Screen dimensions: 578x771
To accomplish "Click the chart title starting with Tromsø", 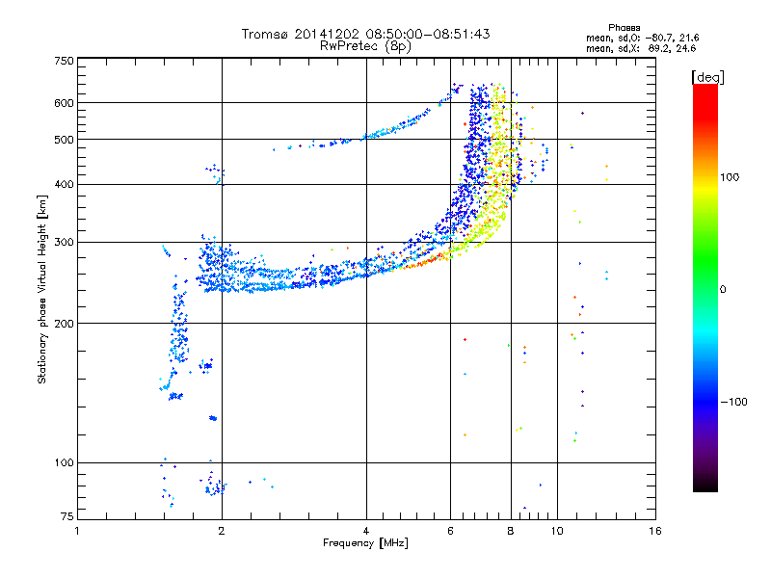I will (365, 34).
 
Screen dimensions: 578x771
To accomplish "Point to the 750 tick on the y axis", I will (64, 60).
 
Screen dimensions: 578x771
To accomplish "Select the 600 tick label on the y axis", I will (64, 103).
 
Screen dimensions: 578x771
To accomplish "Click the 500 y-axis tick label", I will (64, 140).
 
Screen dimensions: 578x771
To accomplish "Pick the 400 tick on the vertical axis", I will (64, 184).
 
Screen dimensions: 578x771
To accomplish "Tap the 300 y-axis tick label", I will (64, 242).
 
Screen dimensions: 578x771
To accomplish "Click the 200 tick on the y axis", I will (64, 324).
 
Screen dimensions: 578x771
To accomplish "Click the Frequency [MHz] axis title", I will (365, 543).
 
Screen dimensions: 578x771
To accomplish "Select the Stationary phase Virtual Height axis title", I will (42, 289).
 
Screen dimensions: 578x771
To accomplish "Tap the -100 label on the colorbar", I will (733, 401).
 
